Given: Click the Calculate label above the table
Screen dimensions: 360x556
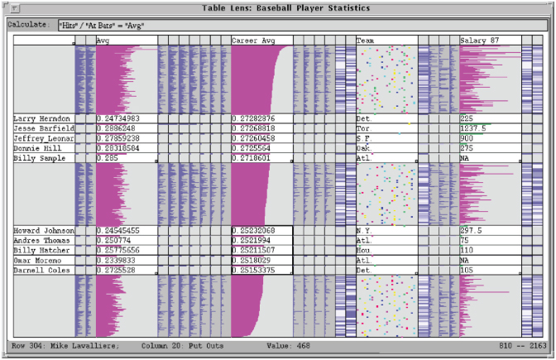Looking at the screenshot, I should [x=28, y=25].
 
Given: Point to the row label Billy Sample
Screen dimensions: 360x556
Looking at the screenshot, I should [x=37, y=157].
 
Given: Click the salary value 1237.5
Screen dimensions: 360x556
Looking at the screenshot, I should [x=473, y=128].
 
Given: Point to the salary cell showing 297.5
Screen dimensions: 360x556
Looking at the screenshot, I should [x=471, y=230].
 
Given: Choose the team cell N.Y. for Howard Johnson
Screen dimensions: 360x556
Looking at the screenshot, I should [x=364, y=230].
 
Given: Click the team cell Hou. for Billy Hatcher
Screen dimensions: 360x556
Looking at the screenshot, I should [x=364, y=250].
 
